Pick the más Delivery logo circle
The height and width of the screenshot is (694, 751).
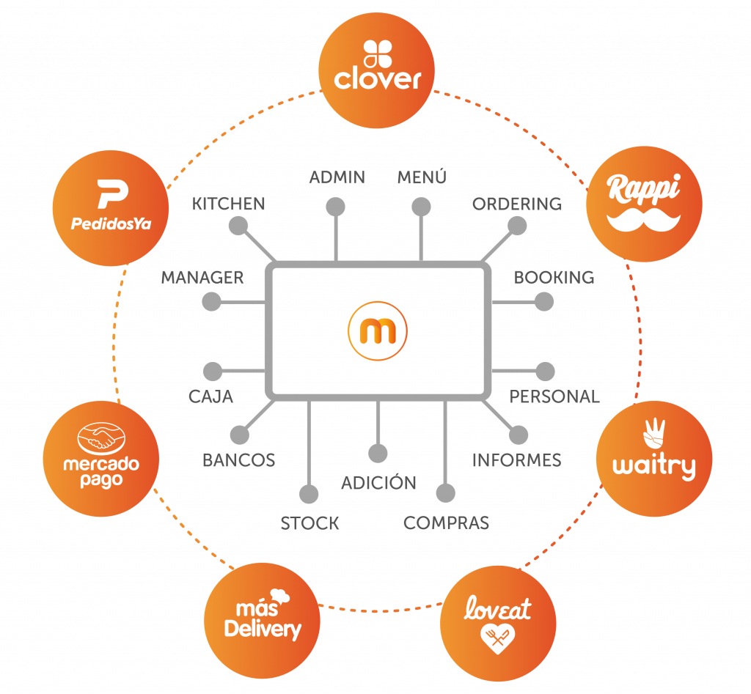262,622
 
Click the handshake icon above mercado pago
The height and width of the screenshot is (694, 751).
100,438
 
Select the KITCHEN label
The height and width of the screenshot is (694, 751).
229,204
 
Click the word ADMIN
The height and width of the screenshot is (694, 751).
337,177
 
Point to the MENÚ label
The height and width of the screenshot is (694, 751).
422,177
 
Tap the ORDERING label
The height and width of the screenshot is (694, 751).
517,204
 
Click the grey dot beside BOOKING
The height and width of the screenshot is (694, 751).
544,301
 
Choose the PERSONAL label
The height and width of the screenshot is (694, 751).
554,396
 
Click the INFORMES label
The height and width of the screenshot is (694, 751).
516,460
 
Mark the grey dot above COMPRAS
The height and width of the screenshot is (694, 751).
445,493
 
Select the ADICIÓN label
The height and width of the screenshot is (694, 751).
378,482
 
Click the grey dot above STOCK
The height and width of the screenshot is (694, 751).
309,493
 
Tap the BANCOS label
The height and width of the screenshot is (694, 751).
239,460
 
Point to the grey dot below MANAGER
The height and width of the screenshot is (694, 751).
211,301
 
